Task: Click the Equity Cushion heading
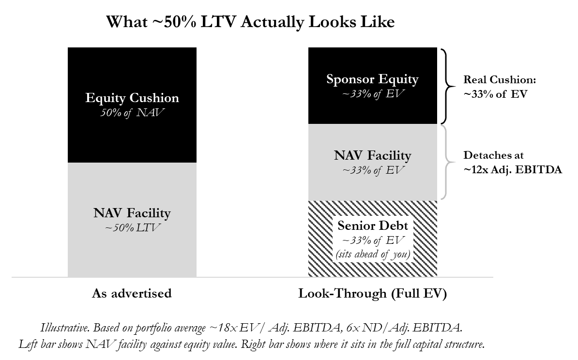pyautogui.click(x=132, y=98)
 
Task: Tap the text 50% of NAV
pyautogui.click(x=132, y=113)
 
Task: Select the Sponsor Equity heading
pyautogui.click(x=372, y=79)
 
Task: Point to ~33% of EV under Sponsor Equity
pyautogui.click(x=372, y=94)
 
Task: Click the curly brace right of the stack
pyautogui.click(x=448, y=162)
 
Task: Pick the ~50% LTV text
pyautogui.click(x=132, y=228)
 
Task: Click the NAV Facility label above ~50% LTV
pyautogui.click(x=132, y=213)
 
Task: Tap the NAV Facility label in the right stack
pyautogui.click(x=372, y=156)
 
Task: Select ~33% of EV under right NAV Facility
pyautogui.click(x=372, y=170)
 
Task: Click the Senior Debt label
pyautogui.click(x=373, y=226)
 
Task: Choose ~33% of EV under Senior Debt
pyautogui.click(x=373, y=240)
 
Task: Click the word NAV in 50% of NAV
pyautogui.click(x=152, y=113)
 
